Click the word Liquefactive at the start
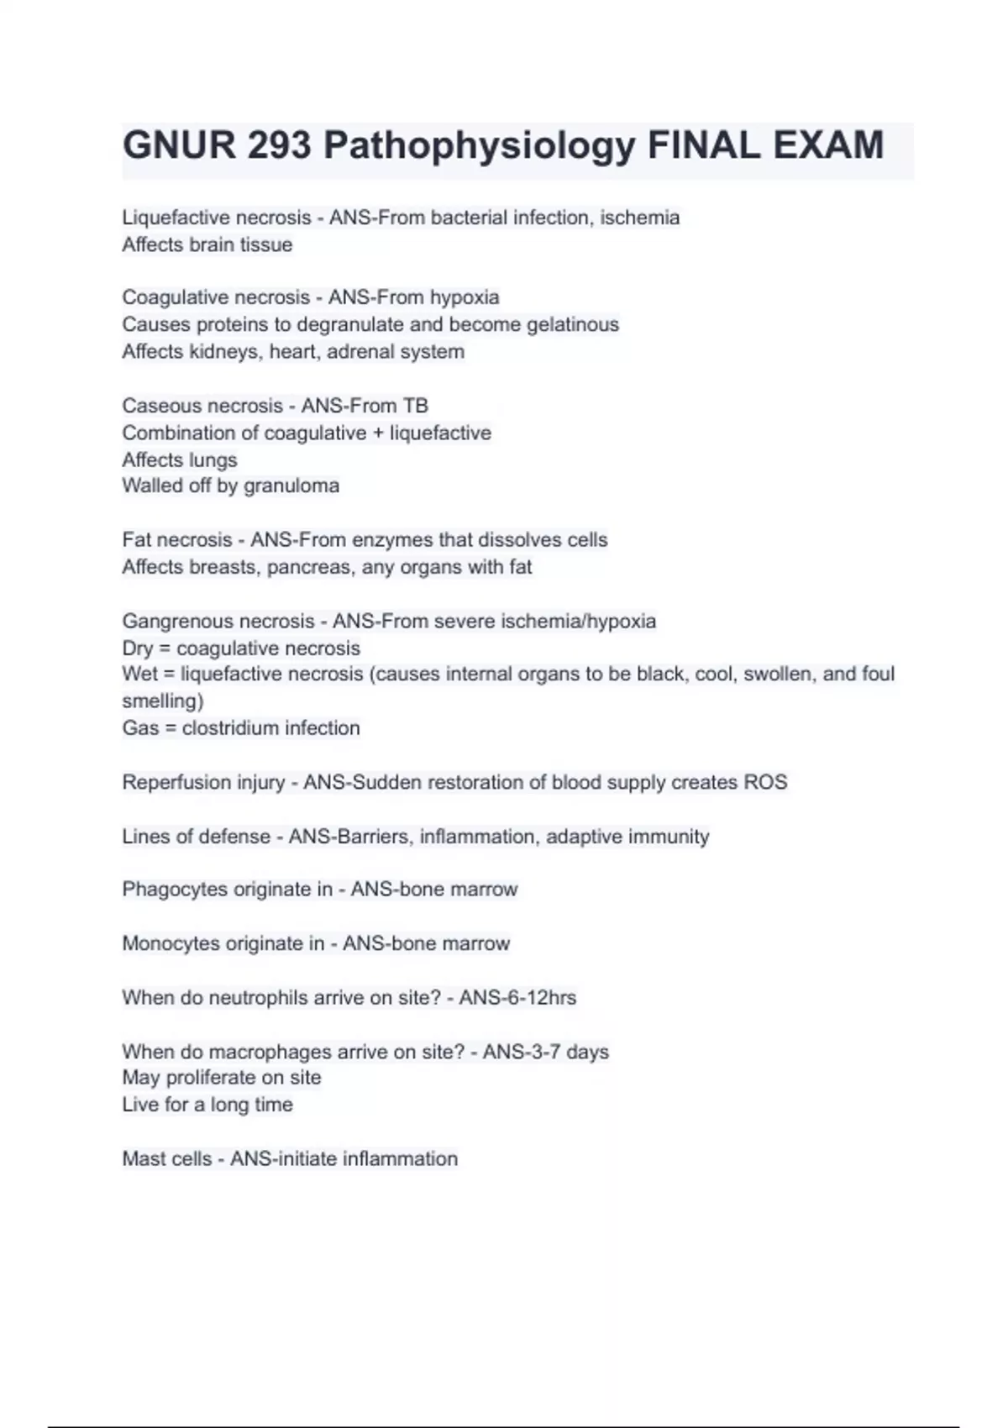tap(174, 218)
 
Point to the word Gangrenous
tap(175, 622)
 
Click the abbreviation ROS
tap(765, 782)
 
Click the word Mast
tap(143, 1159)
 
